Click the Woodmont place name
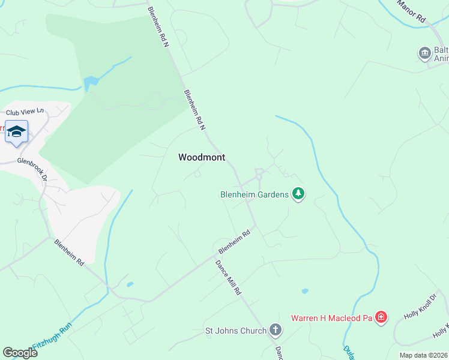pyautogui.click(x=202, y=157)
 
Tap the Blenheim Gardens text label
pyautogui.click(x=255, y=194)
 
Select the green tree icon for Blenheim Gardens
pyautogui.click(x=298, y=193)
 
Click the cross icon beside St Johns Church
pyautogui.click(x=275, y=329)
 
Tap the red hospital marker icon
pyautogui.click(x=381, y=317)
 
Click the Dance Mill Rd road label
pyautogui.click(x=229, y=278)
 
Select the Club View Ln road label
pyautogui.click(x=25, y=111)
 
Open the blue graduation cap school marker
pyautogui.click(x=16, y=132)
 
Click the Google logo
pyautogui.click(x=20, y=352)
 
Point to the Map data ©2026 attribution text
pyautogui.click(x=423, y=355)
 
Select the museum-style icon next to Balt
pyautogui.click(x=424, y=53)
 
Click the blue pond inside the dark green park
pyautogui.click(x=91, y=82)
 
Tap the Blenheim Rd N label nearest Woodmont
pyautogui.click(x=194, y=110)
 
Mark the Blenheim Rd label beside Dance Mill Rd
pyautogui.click(x=234, y=242)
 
